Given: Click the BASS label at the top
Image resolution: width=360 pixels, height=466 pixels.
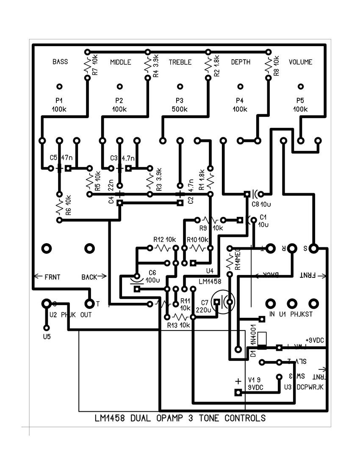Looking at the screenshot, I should coord(60,62).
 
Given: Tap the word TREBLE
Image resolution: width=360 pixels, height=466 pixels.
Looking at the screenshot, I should coord(180,62).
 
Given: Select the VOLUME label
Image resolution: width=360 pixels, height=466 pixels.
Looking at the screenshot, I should coord(300,62).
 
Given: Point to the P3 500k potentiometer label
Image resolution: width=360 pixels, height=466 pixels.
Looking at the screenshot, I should coord(180,105).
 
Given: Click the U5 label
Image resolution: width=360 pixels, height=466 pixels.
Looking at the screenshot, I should coord(47,337).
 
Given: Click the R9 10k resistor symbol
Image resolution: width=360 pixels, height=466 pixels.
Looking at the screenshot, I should coord(210,220).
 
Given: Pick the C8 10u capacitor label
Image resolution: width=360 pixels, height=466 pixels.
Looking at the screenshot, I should coord(259,204).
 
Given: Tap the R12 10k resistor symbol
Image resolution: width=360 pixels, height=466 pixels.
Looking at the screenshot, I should coord(161,247).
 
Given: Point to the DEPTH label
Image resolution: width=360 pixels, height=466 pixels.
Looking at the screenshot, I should coord(240,62).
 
